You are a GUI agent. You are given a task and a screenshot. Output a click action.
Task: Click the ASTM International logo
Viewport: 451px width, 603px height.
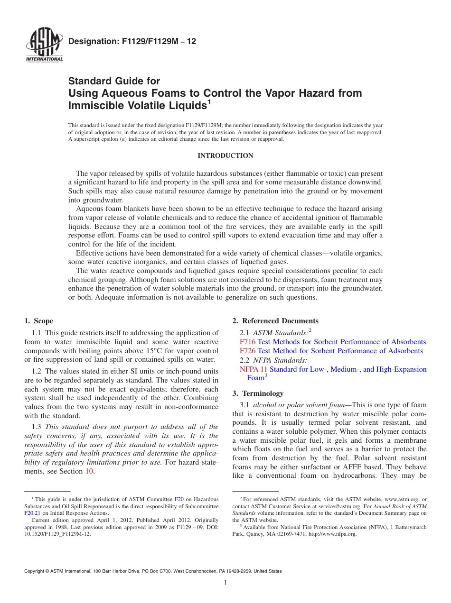45,46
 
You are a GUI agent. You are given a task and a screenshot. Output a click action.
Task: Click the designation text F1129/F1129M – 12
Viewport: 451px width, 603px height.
132,42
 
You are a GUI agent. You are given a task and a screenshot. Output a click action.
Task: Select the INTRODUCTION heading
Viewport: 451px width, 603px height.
225,155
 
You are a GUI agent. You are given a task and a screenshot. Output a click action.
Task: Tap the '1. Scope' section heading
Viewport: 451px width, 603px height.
39,321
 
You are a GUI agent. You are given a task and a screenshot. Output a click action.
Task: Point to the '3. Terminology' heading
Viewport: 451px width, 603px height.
258,393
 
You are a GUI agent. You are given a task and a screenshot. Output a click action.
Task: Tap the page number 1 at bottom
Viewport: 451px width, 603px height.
225,583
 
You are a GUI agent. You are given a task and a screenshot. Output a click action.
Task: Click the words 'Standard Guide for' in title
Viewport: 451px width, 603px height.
114,81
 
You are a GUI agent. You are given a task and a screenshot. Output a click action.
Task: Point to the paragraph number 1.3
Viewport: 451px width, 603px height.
36,427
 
